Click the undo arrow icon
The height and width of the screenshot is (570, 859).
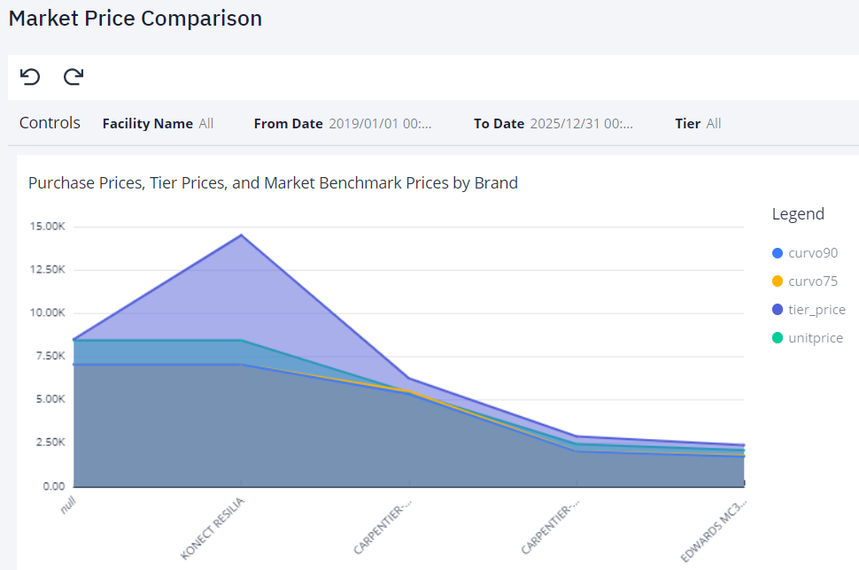pyautogui.click(x=30, y=77)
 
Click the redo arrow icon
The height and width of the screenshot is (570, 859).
pyautogui.click(x=74, y=77)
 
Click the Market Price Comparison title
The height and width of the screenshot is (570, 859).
pyautogui.click(x=135, y=19)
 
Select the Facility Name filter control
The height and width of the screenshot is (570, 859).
pyautogui.click(x=158, y=124)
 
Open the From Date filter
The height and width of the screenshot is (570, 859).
pyautogui.click(x=343, y=124)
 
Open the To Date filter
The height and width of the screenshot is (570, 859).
pyautogui.click(x=553, y=124)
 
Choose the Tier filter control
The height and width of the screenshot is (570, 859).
pyautogui.click(x=698, y=124)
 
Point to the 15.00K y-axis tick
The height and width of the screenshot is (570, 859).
pyautogui.click(x=47, y=227)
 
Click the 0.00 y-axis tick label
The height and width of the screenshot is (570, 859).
pyautogui.click(x=53, y=486)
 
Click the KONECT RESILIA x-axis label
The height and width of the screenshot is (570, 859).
pyautogui.click(x=213, y=528)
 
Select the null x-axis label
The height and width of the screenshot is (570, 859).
pyautogui.click(x=67, y=505)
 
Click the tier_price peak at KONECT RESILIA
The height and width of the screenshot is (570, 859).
pyautogui.click(x=241, y=235)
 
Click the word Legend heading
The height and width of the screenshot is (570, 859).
pyautogui.click(x=798, y=214)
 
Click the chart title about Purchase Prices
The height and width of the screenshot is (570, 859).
pyautogui.click(x=273, y=183)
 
